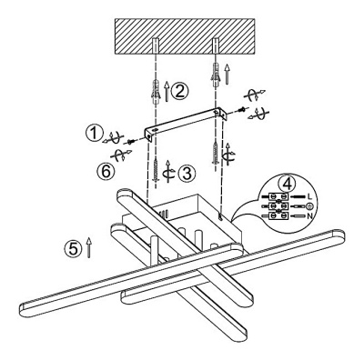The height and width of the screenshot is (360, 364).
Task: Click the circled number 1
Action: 95,134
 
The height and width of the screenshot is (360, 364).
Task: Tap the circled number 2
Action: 179,91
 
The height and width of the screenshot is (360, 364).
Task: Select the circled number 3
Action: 187,174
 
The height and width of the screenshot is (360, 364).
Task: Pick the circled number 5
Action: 73,249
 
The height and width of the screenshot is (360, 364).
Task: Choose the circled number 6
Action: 106,172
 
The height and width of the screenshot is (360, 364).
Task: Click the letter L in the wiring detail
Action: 309,196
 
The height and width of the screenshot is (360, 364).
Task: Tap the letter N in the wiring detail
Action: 309,216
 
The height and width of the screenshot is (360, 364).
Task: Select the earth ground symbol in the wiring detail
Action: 310,206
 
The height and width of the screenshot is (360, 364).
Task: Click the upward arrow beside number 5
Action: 88,247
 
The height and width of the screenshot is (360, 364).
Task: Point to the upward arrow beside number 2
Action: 167,91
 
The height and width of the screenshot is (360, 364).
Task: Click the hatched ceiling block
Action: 185,36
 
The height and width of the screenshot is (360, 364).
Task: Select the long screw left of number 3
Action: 156,170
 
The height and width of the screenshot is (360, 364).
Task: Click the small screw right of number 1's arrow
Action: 131,141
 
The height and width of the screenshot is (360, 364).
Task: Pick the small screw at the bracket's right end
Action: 242,109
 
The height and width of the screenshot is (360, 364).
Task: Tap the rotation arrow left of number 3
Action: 168,172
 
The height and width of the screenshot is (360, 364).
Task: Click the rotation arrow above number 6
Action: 121,155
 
